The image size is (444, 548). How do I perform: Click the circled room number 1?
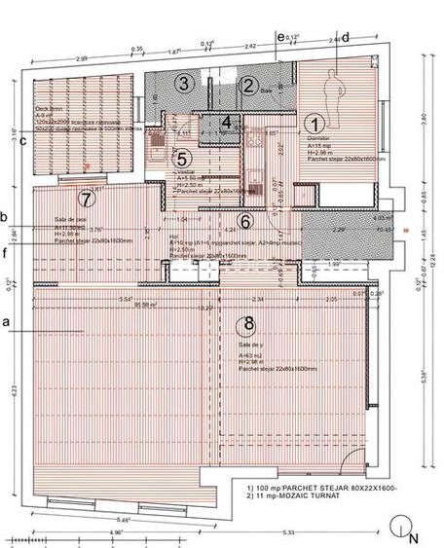pos(314,124)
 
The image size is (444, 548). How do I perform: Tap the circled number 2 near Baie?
pos(249,86)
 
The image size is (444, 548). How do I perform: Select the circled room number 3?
pos(181,84)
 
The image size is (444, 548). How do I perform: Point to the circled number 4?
pos(226,123)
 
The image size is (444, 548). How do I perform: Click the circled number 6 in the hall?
pos(274,222)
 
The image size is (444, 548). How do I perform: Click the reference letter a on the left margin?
pos(7,320)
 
